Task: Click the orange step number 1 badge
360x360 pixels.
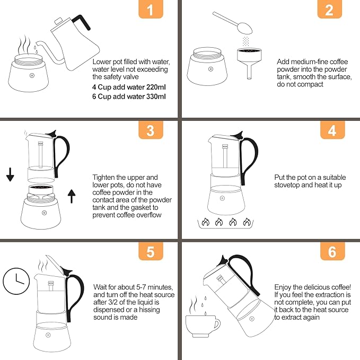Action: (151, 11)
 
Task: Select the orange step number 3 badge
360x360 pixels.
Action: (151, 130)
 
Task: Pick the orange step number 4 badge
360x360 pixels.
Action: (332, 130)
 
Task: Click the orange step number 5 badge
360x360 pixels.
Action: (151, 251)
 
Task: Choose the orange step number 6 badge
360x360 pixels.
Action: (332, 251)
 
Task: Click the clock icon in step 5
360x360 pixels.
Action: (15, 280)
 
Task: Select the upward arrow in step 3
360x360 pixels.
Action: (72, 198)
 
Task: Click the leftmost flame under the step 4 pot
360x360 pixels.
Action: (204, 223)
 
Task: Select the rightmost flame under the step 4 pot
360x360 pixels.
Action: (247, 223)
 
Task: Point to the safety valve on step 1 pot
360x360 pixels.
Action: (31, 76)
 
